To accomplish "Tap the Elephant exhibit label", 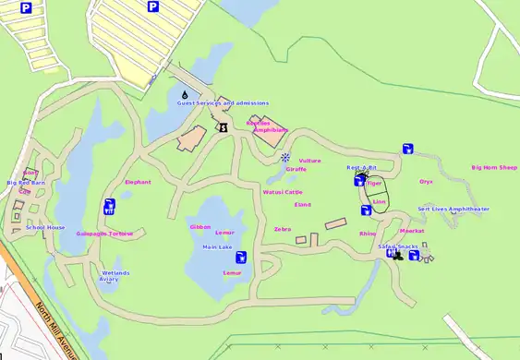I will tap(138, 182).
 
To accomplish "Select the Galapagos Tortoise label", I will tap(104, 234).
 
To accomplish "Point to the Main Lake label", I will tap(217, 247).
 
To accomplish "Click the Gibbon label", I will tap(200, 226).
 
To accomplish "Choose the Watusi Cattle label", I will tap(283, 193).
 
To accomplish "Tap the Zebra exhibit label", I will tap(283, 229).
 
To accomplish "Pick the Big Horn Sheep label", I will tap(494, 168).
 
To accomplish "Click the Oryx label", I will tap(426, 182).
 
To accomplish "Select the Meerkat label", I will tap(411, 231).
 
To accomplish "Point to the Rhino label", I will tap(368, 234).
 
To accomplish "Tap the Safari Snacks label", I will tap(398, 246).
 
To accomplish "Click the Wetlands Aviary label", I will tap(115, 275).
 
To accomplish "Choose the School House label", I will tap(45, 227).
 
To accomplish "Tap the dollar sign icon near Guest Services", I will tap(223, 127).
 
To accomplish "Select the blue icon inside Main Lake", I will tap(241, 257).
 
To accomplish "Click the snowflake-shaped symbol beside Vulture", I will tap(286, 158).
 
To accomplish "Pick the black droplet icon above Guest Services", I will tap(185, 93).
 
